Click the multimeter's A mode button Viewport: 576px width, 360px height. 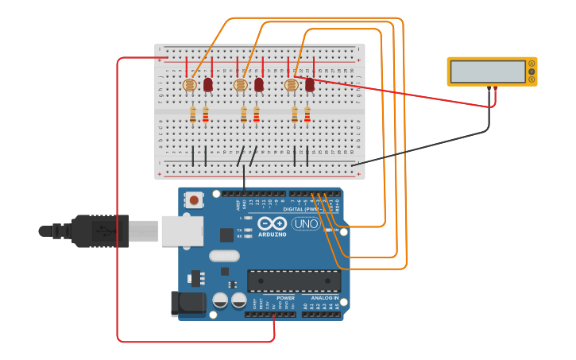pos(532,63)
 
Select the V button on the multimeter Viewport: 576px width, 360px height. pos(532,72)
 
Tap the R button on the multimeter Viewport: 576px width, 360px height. pos(532,79)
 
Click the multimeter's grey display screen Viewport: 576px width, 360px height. pos(488,72)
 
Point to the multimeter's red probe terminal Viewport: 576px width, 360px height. pos(496,88)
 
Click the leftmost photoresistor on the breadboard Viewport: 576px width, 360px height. pos(189,84)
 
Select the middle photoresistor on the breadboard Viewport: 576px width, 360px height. pos(240,84)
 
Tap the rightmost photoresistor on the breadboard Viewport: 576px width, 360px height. pos(291,84)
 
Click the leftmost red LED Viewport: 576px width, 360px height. pos(208,83)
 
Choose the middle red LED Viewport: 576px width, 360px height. pos(259,83)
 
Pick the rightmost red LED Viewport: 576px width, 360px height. pos(310,83)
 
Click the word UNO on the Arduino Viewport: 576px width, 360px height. pos(305,224)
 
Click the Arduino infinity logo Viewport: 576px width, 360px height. pos(272,225)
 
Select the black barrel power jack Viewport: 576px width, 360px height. pos(188,303)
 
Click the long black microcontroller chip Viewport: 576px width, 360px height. pos(294,281)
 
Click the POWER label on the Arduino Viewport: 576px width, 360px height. pos(285,298)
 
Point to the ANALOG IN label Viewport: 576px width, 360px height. pos(324,298)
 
